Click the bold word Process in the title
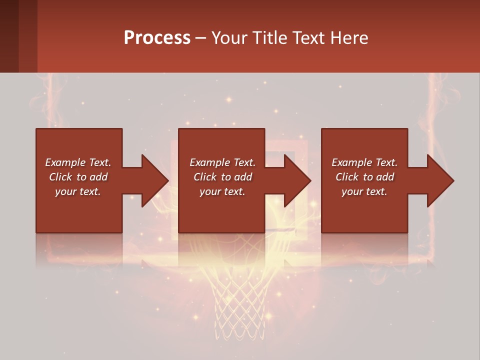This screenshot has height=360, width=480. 157,38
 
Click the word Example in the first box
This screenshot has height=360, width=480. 65,162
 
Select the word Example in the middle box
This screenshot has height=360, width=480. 210,162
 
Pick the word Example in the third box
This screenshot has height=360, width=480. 352,162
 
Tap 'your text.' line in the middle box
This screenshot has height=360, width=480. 222,191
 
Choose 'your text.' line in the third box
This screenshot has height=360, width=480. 364,191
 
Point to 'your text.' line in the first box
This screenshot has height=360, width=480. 77,191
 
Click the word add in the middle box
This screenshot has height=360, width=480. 243,177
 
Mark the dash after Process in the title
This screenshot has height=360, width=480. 200,38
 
